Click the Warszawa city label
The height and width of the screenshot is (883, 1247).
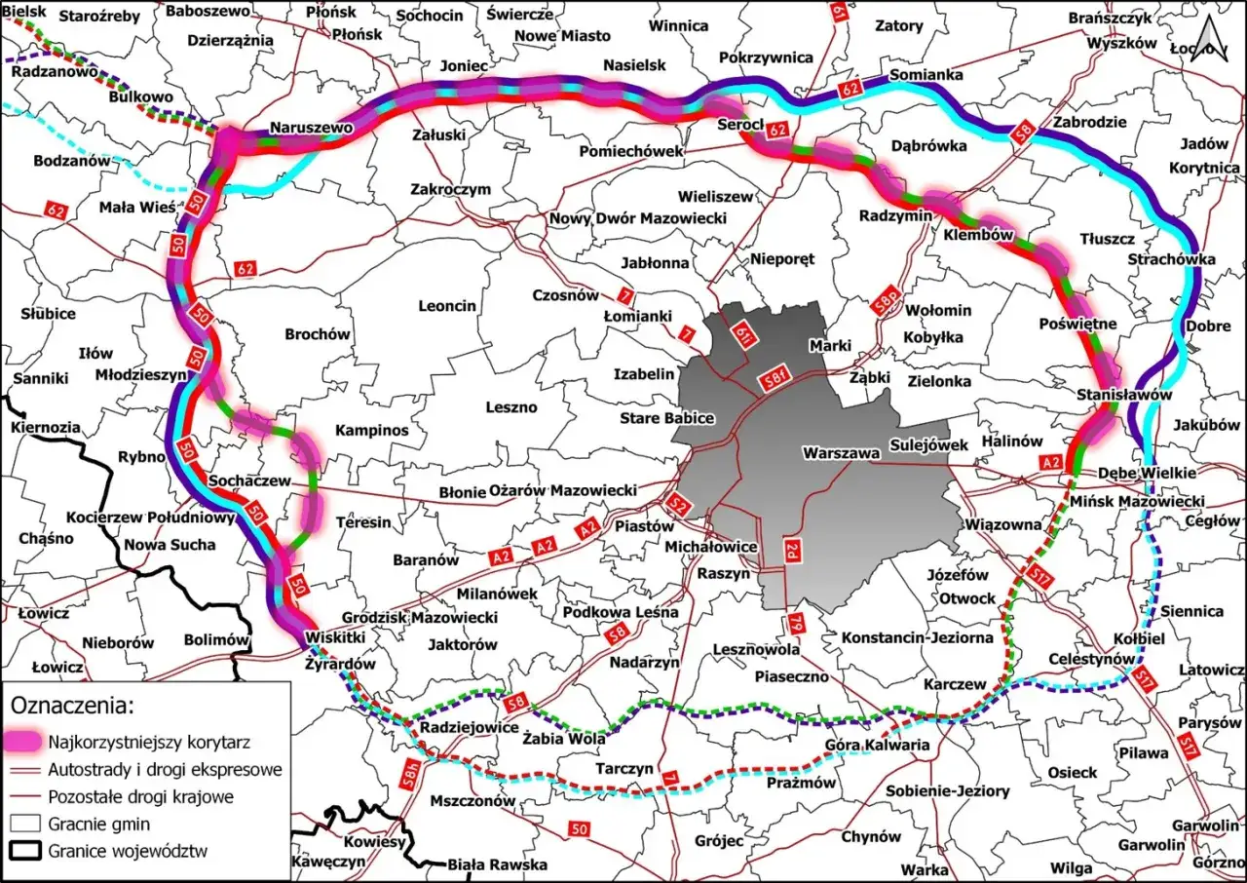click(842, 453)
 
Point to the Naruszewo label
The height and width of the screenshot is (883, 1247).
click(311, 128)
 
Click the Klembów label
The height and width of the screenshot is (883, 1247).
click(979, 235)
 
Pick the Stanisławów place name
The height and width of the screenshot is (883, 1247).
click(1124, 395)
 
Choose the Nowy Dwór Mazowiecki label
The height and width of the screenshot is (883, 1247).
click(638, 218)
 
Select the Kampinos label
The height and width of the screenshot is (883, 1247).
click(372, 430)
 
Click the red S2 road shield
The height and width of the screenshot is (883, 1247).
click(681, 506)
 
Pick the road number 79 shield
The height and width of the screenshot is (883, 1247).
click(796, 622)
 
